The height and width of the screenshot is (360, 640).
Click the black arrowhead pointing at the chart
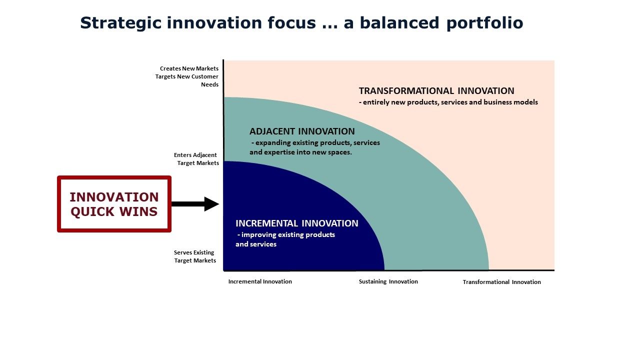211,204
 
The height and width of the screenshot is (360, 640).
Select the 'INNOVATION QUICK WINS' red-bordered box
114,204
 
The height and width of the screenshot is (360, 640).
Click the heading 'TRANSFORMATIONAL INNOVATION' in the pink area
436,91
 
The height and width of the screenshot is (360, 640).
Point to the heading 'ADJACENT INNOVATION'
302,131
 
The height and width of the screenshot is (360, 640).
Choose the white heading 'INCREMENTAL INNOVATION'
297,223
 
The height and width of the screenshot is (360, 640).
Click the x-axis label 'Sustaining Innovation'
388,281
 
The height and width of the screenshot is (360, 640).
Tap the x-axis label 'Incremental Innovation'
260,281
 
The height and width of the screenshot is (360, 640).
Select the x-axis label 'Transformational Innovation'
501,282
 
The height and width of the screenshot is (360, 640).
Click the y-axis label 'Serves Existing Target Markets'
195,256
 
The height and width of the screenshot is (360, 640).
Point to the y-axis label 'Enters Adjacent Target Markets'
196,159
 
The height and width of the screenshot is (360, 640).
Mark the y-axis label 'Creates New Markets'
189,68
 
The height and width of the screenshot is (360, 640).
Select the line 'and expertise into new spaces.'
300,152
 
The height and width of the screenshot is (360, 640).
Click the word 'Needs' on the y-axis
209,85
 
